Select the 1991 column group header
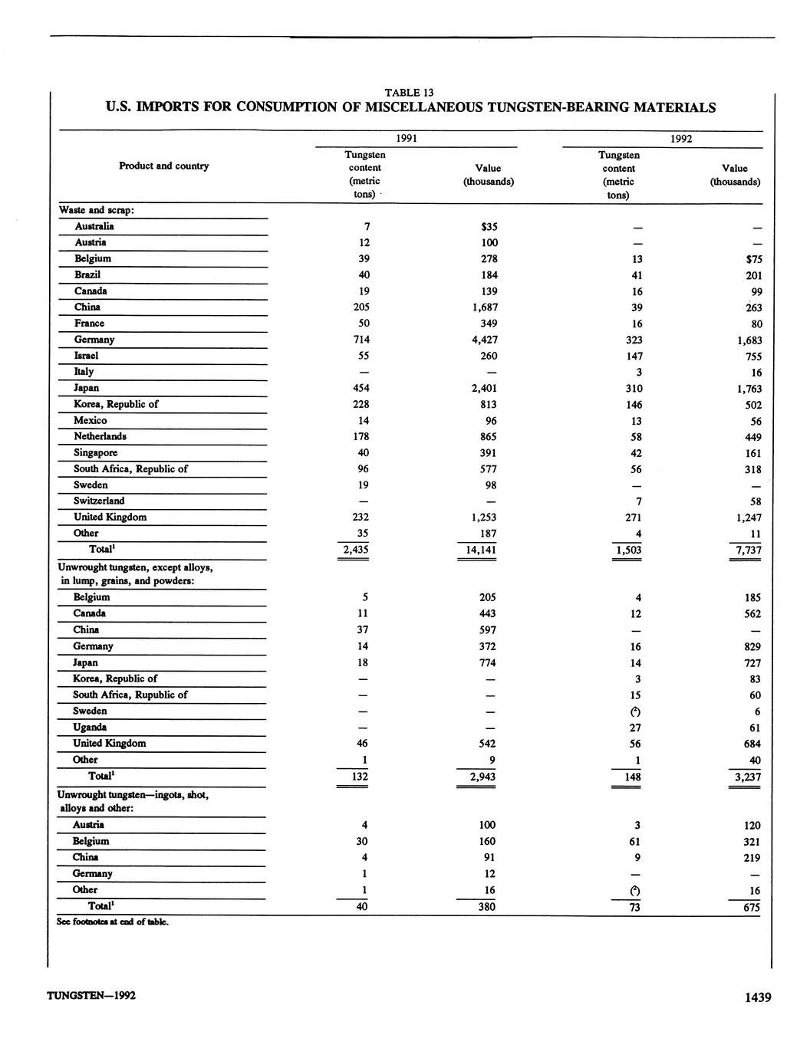407,139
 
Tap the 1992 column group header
681,139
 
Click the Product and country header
163,166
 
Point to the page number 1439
757,997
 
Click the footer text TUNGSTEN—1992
91,996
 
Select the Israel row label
86,356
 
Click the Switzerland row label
99,501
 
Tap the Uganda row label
90,727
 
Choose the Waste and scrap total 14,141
476,550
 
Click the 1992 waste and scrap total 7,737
746,550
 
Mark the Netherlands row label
100,436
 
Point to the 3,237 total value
746,777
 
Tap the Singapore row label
96,452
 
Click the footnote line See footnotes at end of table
113,922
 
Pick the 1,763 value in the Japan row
746,389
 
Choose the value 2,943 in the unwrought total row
482,777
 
